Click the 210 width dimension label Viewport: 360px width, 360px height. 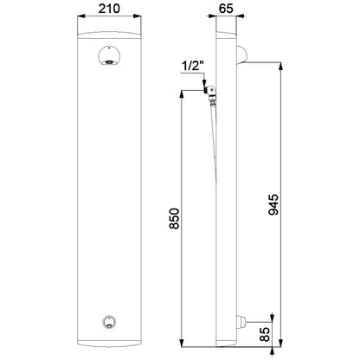109,9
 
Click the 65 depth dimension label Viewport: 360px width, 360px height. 226,9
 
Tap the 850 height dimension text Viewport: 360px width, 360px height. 175,218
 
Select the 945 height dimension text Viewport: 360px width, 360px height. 273,204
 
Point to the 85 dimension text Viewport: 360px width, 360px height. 265,334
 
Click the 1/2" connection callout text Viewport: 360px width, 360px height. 193,67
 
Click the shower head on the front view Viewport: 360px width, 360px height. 110,55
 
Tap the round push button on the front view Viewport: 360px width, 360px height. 109,322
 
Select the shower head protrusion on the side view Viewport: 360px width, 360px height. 241,55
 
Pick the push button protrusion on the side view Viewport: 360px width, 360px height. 241,322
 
